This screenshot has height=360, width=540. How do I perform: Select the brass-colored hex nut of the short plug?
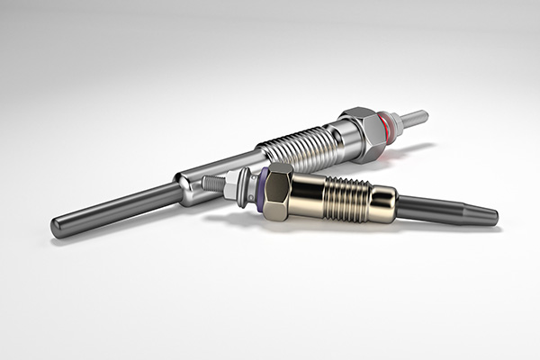pos(279,191)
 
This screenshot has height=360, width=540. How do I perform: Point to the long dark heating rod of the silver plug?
pos(117,206)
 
